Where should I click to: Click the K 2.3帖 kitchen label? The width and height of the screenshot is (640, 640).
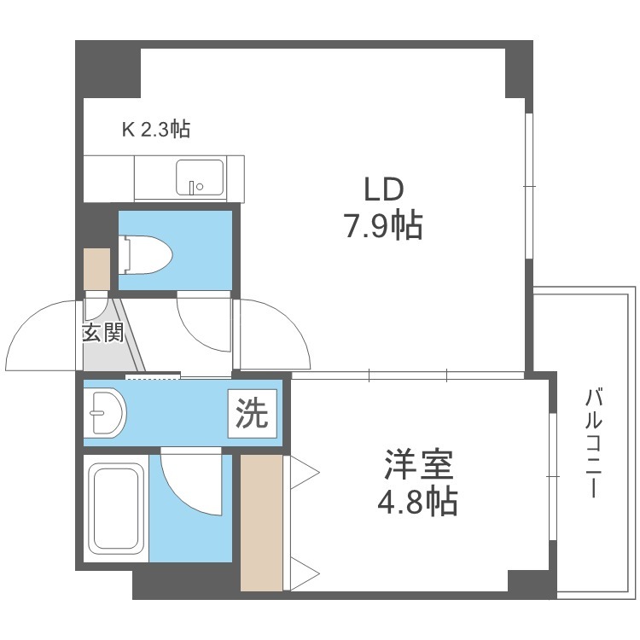click(156, 129)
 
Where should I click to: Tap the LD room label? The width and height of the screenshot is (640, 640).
click(384, 189)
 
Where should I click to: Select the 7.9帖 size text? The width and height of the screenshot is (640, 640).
click(384, 226)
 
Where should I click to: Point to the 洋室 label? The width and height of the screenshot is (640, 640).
click(418, 464)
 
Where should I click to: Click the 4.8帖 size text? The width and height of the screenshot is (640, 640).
click(417, 502)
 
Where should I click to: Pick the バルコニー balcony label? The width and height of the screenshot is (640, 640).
click(593, 443)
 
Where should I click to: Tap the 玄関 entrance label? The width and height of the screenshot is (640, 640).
click(103, 333)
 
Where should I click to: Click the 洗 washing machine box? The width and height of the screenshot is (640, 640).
click(253, 414)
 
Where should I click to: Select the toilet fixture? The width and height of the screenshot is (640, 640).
click(145, 254)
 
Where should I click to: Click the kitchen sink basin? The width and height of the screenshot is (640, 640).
click(200, 177)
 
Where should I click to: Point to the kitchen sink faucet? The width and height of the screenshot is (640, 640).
click(192, 187)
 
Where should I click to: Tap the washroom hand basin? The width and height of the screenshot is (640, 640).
click(105, 413)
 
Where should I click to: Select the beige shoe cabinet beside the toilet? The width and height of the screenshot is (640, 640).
click(96, 270)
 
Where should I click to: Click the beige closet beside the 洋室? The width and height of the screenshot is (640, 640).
click(261, 523)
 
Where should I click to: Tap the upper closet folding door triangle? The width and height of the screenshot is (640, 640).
click(303, 472)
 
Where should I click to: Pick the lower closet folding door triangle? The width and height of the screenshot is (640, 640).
click(303, 574)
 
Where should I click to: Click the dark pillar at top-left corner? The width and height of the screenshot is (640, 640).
click(108, 69)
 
